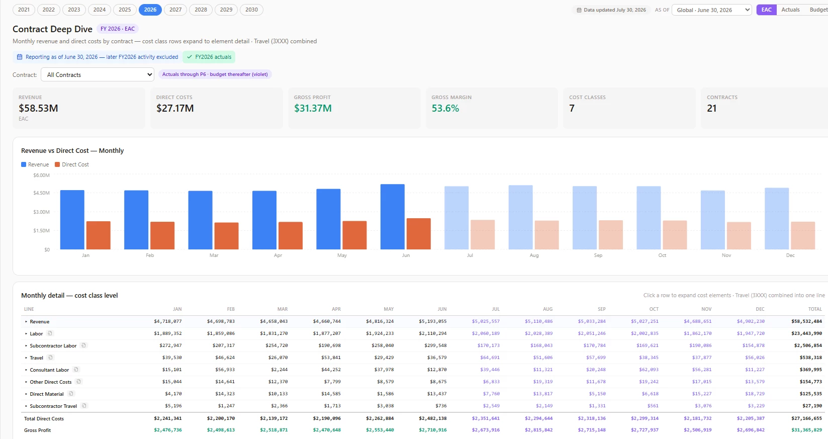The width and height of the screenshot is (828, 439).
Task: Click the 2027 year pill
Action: click(x=175, y=10)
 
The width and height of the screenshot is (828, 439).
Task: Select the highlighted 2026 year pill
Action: click(x=150, y=10)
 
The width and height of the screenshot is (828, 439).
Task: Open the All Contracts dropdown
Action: click(x=98, y=75)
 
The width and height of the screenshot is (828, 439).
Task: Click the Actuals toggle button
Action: click(x=790, y=10)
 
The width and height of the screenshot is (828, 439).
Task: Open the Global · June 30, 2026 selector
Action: click(x=711, y=10)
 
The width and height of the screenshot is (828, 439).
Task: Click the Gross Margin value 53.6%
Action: click(x=445, y=108)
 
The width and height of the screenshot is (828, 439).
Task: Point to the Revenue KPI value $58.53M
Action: click(x=38, y=108)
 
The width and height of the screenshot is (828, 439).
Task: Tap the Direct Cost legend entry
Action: click(x=72, y=164)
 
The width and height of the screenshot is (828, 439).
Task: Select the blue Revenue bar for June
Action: click(x=392, y=217)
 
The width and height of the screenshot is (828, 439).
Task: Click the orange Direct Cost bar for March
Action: click(x=226, y=236)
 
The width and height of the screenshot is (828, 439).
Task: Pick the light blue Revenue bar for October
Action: click(x=649, y=218)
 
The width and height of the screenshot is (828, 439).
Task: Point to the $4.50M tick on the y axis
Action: click(x=41, y=193)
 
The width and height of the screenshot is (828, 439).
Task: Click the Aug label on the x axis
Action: click(x=534, y=255)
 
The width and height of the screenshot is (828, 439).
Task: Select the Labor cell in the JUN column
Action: click(x=432, y=333)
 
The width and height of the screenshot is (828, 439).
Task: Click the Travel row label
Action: click(x=36, y=358)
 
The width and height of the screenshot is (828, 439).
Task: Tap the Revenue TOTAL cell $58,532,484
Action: click(x=806, y=321)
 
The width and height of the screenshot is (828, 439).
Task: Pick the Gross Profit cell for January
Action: click(x=168, y=430)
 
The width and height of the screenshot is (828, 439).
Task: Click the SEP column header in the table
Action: click(x=601, y=309)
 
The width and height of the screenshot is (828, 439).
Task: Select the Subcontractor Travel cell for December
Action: click(x=756, y=406)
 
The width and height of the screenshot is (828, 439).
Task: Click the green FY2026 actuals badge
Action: click(x=209, y=57)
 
